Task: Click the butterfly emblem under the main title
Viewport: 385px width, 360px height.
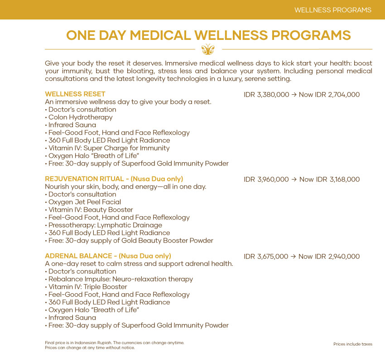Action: point(208,49)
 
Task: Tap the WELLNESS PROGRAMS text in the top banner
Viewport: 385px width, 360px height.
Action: point(332,10)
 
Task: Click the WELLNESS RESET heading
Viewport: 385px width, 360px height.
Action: point(75,94)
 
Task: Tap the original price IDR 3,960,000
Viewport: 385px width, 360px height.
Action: point(266,180)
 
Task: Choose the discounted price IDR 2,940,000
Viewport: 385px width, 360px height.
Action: point(336,257)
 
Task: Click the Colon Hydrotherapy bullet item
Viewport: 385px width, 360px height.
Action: point(80,117)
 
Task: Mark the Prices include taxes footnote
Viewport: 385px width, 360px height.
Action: point(352,344)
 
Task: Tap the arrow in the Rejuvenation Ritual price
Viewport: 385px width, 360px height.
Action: point(294,180)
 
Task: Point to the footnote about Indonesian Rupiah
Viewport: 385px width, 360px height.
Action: point(114,342)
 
